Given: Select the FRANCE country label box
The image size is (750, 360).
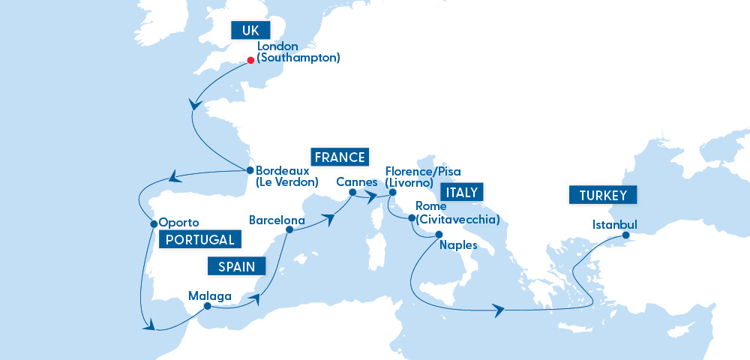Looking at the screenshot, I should pos(340,157).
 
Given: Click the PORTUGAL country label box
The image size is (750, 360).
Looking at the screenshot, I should pos(199,239).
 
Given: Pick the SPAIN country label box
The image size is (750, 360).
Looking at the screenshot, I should pos(237,265).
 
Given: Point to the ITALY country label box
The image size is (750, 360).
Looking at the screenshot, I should pos(462,193).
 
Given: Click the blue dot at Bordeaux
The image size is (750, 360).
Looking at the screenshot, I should pos(250,169).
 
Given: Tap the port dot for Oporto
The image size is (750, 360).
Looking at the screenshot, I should pos(153,223).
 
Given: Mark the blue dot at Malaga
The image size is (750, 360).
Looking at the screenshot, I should pos(207,305).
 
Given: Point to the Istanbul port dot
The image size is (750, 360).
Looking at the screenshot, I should pos(625,235).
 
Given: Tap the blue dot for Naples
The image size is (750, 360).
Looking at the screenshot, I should pos(438,234).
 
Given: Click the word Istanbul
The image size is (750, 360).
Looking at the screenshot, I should pos(614,225).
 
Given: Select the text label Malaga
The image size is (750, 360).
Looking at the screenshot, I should pos(210,295).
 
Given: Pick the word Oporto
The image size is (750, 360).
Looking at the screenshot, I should pos(178,223).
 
